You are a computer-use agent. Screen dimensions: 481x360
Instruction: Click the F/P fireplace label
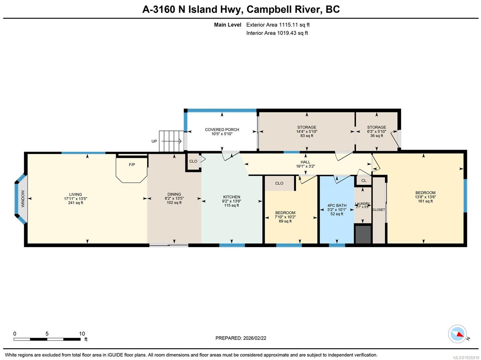click(132, 165)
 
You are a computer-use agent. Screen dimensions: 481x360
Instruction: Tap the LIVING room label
click(75, 194)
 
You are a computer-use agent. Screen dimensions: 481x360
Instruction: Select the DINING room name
click(174, 194)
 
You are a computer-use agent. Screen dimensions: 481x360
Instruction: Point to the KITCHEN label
click(231, 197)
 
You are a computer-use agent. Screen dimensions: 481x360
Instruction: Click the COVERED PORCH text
click(222, 130)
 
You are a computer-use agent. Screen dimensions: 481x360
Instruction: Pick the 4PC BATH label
click(337, 206)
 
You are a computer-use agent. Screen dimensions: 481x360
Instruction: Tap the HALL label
click(305, 162)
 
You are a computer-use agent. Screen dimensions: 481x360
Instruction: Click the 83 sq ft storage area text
click(307, 136)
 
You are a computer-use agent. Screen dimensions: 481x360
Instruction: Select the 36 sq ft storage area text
click(376, 136)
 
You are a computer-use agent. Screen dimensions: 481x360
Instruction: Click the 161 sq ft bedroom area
click(425, 201)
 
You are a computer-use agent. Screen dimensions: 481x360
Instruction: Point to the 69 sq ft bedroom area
click(285, 221)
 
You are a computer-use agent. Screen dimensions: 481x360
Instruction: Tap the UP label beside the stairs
click(154, 141)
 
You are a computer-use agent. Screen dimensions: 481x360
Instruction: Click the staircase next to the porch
click(171, 141)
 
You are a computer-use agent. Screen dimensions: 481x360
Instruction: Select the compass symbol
click(458, 334)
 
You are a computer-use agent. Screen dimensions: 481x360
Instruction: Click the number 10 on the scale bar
click(82, 334)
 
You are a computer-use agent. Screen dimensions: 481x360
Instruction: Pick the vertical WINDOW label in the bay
click(23, 199)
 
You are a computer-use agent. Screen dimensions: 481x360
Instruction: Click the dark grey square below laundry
click(363, 234)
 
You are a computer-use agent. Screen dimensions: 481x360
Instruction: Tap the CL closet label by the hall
click(364, 180)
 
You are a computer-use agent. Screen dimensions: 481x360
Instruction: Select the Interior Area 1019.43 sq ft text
click(277, 33)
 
